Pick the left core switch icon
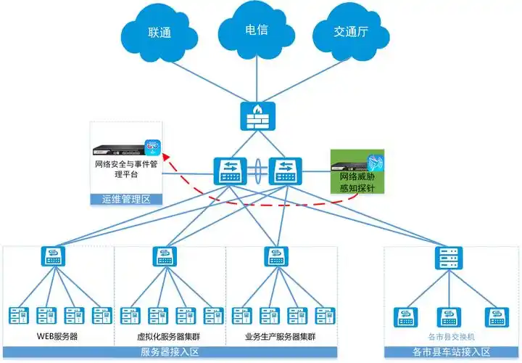click(229, 171)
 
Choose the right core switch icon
click(283, 171)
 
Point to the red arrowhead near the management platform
click(165, 155)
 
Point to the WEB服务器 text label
click(57, 338)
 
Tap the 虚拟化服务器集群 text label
click(170, 338)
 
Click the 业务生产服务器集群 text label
click(280, 338)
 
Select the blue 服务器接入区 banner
click(170, 353)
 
